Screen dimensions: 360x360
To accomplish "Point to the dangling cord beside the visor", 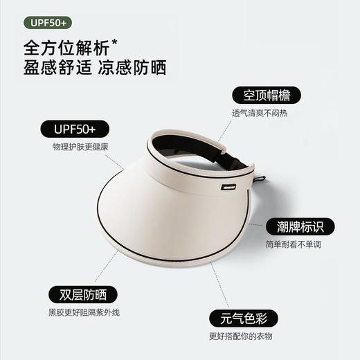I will coord(264,197).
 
